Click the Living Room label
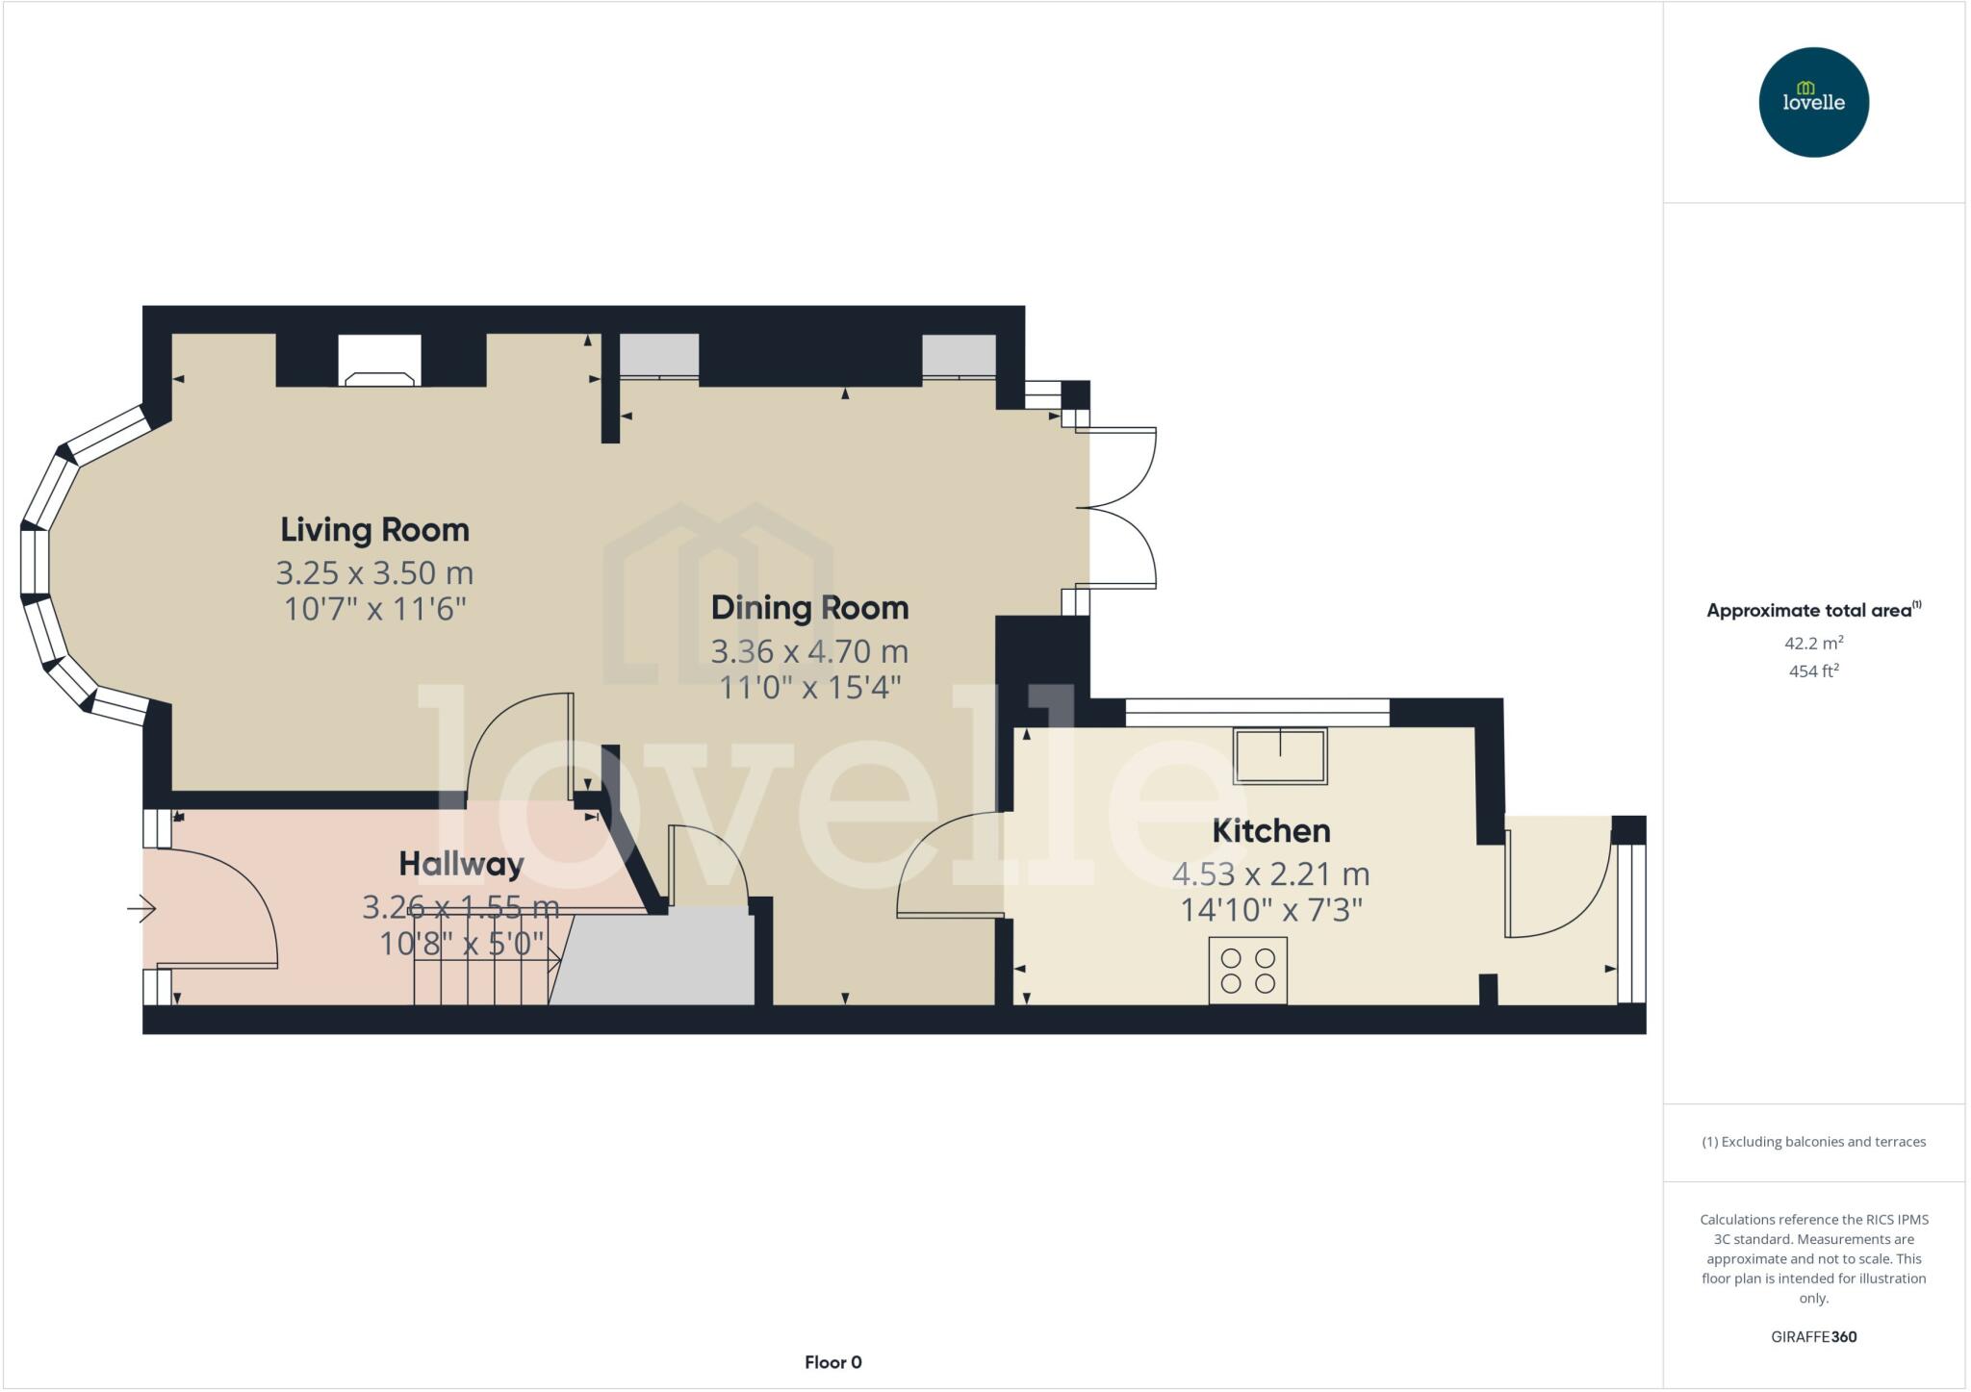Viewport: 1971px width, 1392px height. [x=374, y=530]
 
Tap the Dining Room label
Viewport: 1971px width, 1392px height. [x=809, y=608]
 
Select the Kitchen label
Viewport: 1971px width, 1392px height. [x=1270, y=831]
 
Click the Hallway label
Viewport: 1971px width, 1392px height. [x=461, y=864]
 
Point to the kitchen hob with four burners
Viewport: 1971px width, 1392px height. [x=1247, y=970]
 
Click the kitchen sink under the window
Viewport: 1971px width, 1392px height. [x=1281, y=756]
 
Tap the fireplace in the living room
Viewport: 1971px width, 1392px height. [x=379, y=361]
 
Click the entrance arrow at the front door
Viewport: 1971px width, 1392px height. [x=141, y=908]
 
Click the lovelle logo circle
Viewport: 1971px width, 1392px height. [x=1813, y=102]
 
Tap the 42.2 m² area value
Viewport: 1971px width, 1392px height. [x=1813, y=643]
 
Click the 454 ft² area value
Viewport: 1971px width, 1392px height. [x=1813, y=671]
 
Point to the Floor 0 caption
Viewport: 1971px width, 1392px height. [x=832, y=1362]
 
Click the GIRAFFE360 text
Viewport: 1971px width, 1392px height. [x=1813, y=1336]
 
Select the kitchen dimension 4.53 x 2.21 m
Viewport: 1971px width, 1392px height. [x=1270, y=873]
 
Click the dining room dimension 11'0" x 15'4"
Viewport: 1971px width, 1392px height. [x=809, y=688]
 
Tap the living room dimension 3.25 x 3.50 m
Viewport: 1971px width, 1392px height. [x=374, y=573]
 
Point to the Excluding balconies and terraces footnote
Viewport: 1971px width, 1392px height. [x=1813, y=1142]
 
